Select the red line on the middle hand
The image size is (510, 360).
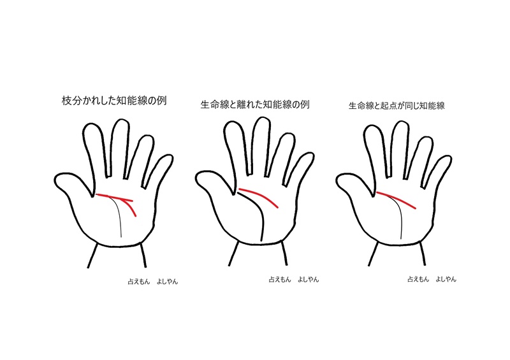[258, 194]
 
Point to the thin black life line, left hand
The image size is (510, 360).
[119, 217]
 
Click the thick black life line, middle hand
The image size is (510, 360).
[261, 220]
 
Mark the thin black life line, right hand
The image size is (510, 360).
[400, 220]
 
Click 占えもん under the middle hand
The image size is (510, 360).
[279, 279]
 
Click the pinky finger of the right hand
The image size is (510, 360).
[441, 169]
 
